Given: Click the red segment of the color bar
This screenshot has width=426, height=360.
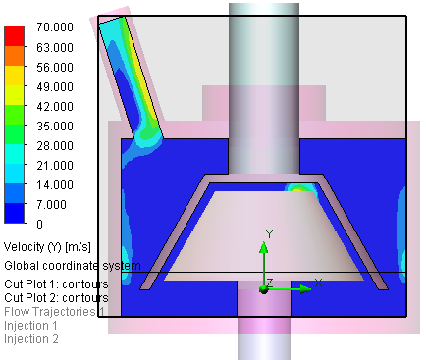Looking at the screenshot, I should click(14, 37).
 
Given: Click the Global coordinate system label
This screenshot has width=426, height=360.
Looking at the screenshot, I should click(72, 265).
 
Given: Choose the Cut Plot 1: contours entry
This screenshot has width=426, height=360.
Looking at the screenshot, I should click(56, 283).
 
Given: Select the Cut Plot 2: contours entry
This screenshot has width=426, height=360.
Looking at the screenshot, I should click(56, 297).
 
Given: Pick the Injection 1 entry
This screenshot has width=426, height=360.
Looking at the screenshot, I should click(31, 325).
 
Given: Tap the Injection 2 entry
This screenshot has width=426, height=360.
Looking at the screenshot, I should click(31, 338).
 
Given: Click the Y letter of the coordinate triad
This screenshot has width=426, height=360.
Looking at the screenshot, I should click(269, 233).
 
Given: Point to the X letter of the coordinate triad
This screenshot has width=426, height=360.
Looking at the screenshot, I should click(319, 283).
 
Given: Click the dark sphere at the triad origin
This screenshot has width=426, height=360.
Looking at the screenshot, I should click(263, 288).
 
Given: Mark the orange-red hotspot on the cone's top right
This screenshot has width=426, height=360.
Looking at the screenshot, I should click(298, 186).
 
